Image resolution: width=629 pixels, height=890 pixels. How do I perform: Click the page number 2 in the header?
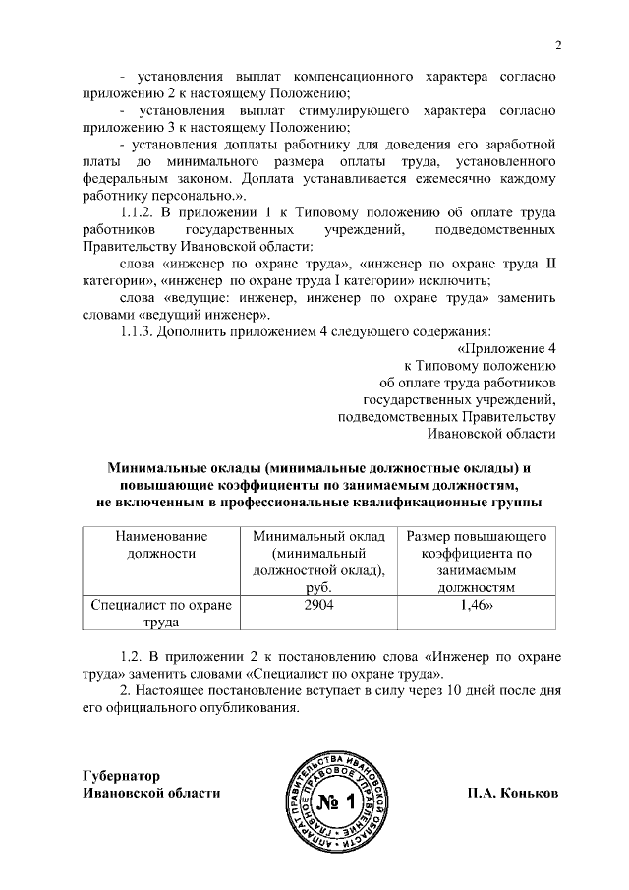(x=557, y=45)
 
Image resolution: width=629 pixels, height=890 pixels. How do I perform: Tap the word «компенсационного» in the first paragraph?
(x=359, y=76)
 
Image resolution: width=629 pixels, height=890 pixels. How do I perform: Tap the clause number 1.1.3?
(x=137, y=331)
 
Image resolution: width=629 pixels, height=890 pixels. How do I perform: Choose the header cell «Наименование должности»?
(x=161, y=545)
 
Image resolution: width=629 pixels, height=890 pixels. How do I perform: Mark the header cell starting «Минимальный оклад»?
(x=318, y=562)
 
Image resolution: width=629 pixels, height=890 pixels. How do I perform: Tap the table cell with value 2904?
(x=318, y=606)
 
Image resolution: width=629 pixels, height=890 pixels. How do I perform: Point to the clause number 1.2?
(x=131, y=656)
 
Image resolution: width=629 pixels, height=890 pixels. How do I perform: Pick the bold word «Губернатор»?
(x=121, y=775)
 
